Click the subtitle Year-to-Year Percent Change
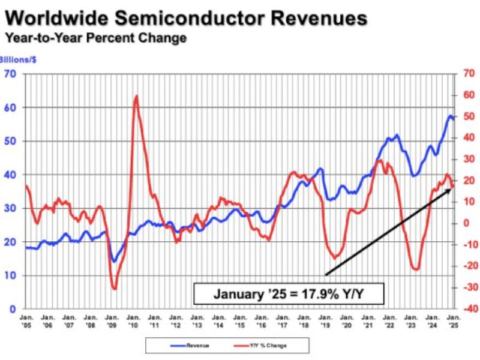pyautogui.click(x=95, y=38)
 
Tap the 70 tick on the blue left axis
pyautogui.click(x=10, y=74)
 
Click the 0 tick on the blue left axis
pyautogui.click(x=13, y=309)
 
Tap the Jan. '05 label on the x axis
pyautogui.click(x=26, y=319)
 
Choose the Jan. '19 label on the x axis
pyautogui.click(x=325, y=319)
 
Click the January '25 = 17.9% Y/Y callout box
pyautogui.click(x=289, y=294)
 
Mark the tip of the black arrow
pyautogui.click(x=451, y=188)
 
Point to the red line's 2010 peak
pyautogui.click(x=136, y=96)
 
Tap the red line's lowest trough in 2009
pyautogui.click(x=114, y=289)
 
